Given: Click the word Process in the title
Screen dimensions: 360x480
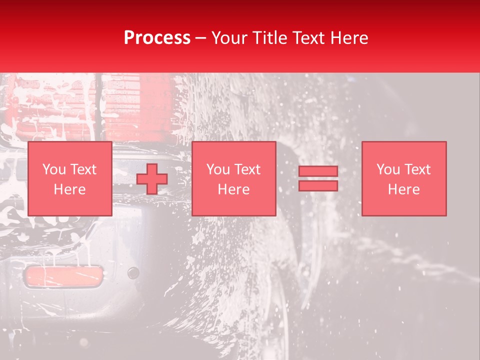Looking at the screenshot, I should click(157, 38).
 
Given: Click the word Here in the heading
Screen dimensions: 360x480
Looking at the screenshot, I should click(349, 38).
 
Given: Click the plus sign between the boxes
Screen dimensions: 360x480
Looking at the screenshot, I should click(152, 179).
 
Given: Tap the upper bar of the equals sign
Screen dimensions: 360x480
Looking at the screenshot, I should click(318, 171).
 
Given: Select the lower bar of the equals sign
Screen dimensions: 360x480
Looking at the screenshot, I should click(318, 186).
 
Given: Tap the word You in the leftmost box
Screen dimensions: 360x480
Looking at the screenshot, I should click(53, 169).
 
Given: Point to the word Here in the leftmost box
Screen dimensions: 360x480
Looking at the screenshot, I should click(69, 189).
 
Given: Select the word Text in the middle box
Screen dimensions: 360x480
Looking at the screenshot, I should click(247, 169).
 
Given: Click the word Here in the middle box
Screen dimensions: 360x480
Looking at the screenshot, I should click(234, 189).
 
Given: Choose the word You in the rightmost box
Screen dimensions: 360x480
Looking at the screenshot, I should click(388, 169).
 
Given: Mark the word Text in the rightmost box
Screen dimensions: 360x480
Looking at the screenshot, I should click(417, 169).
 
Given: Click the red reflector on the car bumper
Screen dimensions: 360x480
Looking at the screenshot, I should click(63, 276).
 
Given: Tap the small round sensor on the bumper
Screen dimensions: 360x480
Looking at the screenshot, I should click(133, 273).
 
